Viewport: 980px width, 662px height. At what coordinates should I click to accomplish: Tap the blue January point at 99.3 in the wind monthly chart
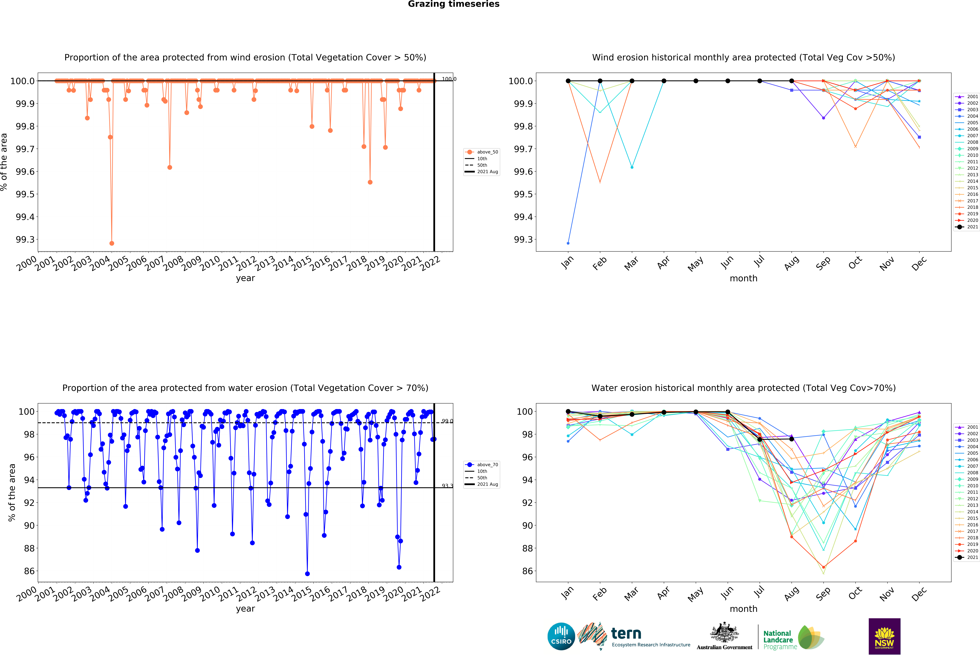568,243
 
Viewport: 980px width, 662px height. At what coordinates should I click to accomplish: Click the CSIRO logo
561,636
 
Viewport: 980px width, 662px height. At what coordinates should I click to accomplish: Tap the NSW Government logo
884,636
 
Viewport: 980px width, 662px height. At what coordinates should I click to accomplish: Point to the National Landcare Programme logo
793,637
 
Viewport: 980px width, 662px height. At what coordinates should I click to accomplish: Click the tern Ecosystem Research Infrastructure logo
632,636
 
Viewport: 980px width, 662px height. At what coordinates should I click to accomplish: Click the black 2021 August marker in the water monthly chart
792,439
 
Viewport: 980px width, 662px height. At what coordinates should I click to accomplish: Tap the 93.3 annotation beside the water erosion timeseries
447,486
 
